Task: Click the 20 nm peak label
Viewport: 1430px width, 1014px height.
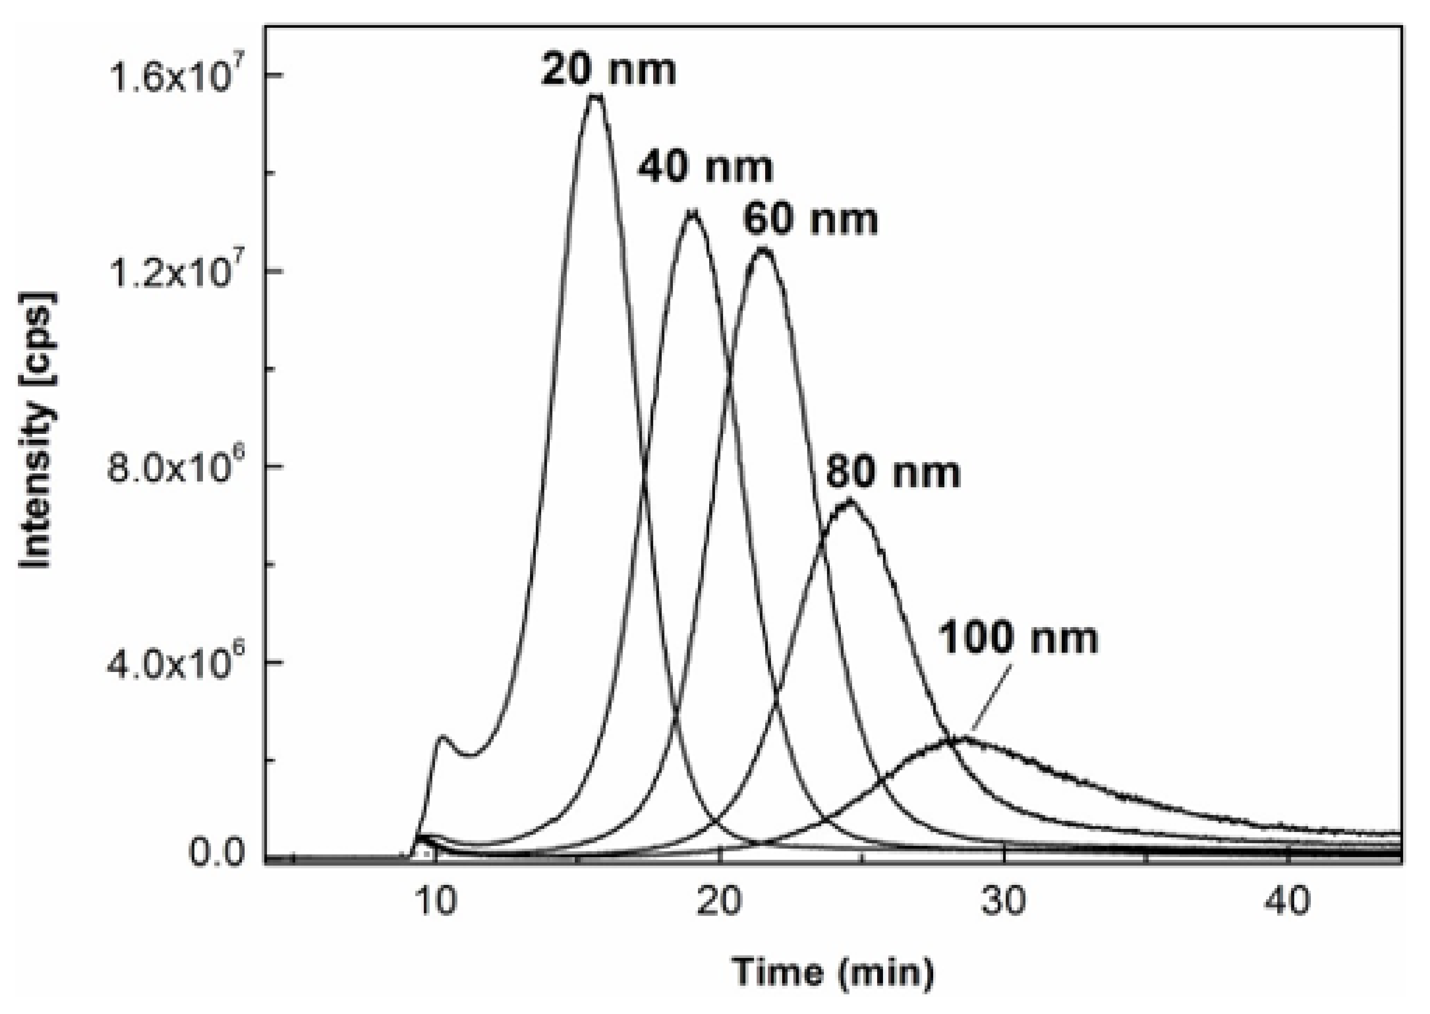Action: (608, 69)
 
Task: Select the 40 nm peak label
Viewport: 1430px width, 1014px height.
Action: (705, 167)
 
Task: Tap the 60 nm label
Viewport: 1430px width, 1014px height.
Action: (810, 219)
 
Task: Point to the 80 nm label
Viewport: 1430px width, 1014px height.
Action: (893, 472)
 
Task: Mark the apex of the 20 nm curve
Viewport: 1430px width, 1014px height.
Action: (596, 95)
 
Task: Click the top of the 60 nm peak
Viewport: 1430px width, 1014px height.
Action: (764, 249)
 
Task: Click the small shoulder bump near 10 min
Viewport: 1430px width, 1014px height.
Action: (442, 737)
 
